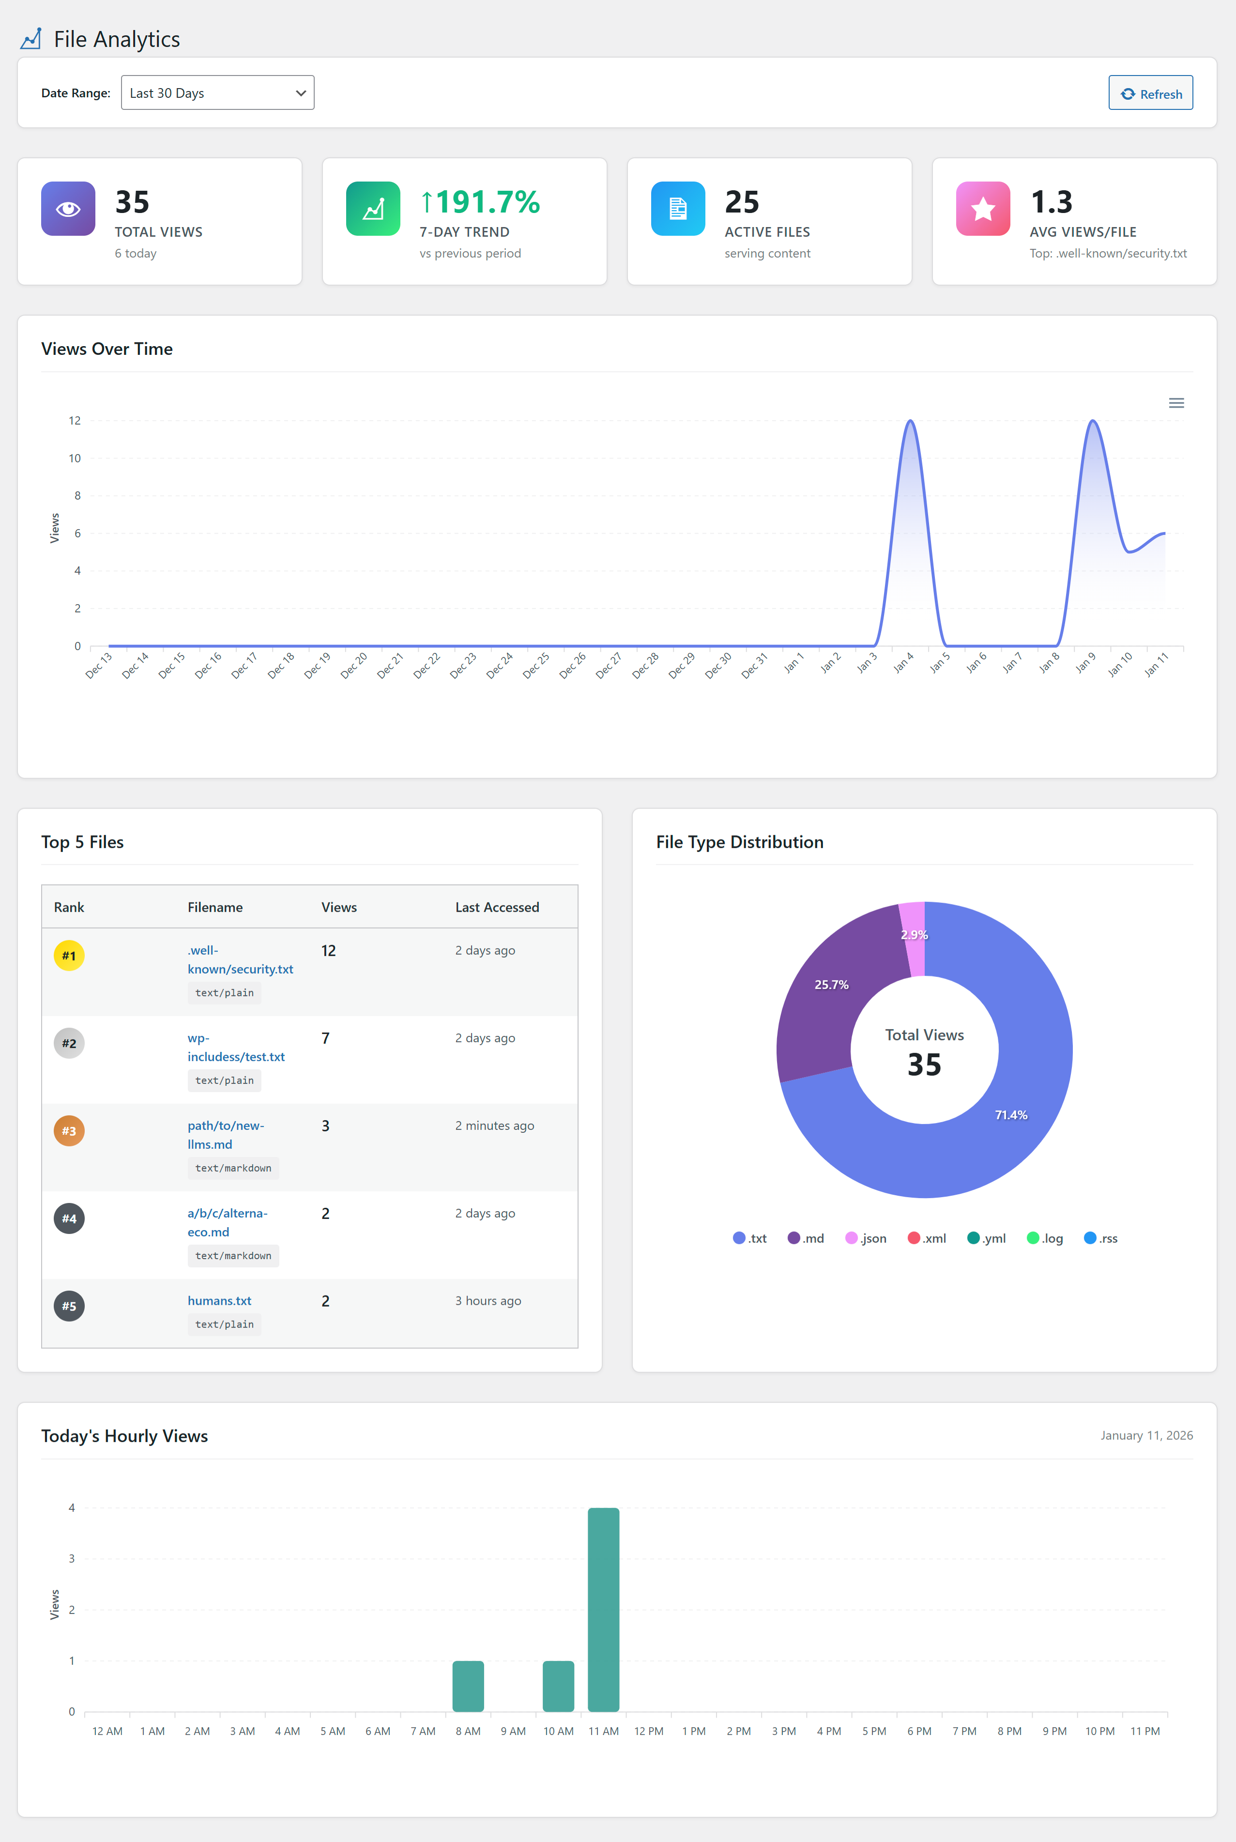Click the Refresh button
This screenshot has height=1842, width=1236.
(x=1150, y=93)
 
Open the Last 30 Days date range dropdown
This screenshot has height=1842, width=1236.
(x=217, y=93)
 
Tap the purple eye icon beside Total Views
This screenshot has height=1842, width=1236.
(x=68, y=209)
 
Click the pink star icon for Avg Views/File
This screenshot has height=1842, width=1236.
(x=983, y=209)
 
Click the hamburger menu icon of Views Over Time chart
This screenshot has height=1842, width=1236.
(x=1176, y=403)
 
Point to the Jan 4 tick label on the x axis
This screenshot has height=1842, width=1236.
(x=903, y=663)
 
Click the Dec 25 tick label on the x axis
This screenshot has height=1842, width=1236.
(x=536, y=665)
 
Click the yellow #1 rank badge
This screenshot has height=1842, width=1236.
(x=69, y=955)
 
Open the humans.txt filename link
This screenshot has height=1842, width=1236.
(x=219, y=1300)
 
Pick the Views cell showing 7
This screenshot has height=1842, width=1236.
(x=325, y=1038)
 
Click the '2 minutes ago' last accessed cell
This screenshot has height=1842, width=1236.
(x=494, y=1126)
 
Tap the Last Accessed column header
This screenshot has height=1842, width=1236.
(x=497, y=907)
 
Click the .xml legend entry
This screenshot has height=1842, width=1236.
(x=927, y=1238)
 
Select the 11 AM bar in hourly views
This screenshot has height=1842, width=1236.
(x=604, y=1610)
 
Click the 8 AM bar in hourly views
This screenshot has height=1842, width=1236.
(x=468, y=1686)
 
